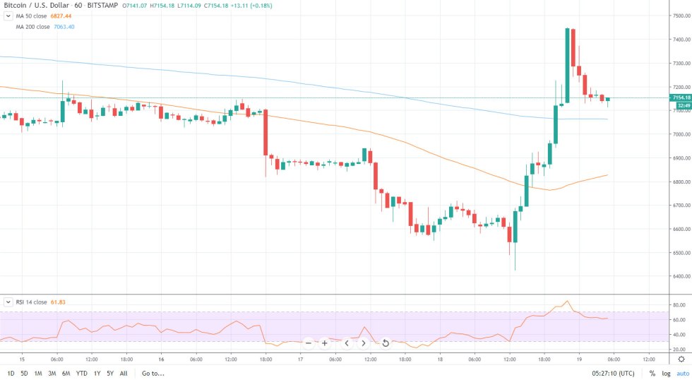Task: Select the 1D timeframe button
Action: point(11,373)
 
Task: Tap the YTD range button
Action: point(82,373)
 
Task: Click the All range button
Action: point(124,373)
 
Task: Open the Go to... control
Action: point(152,373)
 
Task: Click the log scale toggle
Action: point(666,373)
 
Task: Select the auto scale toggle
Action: point(682,373)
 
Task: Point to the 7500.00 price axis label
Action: point(679,16)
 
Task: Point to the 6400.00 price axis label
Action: point(679,277)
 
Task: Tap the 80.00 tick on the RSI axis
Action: point(679,305)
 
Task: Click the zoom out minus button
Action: point(309,343)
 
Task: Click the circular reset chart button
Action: point(386,343)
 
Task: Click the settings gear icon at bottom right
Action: point(681,360)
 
